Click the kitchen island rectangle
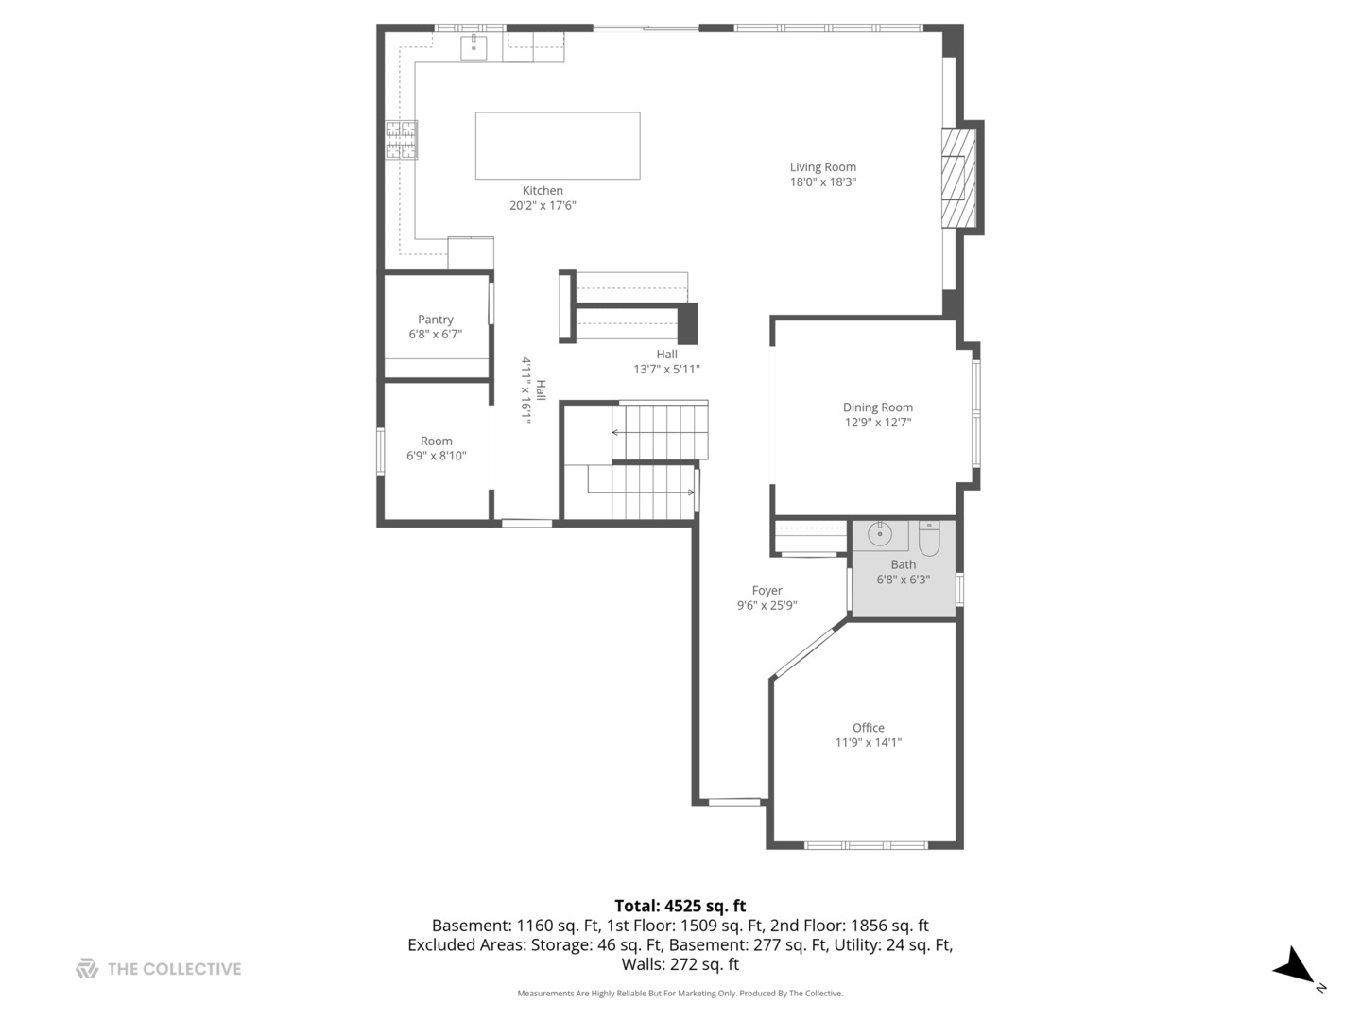click(x=557, y=146)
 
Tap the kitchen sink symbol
click(x=473, y=46)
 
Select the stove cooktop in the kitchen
click(x=401, y=140)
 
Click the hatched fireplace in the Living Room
click(x=957, y=178)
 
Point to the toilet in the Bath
click(x=929, y=538)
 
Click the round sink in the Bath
click(x=880, y=534)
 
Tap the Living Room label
click(x=822, y=167)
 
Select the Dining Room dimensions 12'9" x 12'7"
click(x=877, y=423)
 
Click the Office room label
click(x=868, y=728)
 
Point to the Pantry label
click(x=436, y=320)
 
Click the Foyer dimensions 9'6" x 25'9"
click(x=767, y=606)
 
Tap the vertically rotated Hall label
click(x=541, y=389)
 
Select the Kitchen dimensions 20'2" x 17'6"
click(x=543, y=205)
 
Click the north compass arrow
click(x=1294, y=967)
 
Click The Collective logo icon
click(x=87, y=969)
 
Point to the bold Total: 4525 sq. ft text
click(x=680, y=906)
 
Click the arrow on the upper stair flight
click(x=616, y=432)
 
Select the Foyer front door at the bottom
click(x=734, y=803)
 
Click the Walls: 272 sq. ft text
click(x=680, y=965)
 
